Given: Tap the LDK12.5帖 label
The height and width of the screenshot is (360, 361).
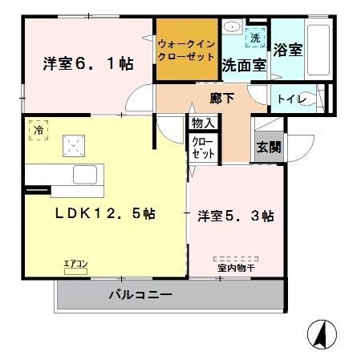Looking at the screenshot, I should click(x=105, y=214).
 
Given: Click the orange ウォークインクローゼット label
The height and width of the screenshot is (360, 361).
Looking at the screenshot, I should click(x=186, y=51).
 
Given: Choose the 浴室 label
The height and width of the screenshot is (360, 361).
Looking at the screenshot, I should click(x=288, y=50).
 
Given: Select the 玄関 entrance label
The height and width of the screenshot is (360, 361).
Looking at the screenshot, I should click(x=267, y=148).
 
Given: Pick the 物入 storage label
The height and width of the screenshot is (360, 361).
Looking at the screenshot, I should click(x=202, y=123).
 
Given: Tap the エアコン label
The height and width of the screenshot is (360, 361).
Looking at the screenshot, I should click(x=77, y=262).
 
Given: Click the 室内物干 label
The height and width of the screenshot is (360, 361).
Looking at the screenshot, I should click(x=236, y=268).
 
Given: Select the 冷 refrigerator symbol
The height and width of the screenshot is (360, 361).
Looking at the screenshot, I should click(x=37, y=127).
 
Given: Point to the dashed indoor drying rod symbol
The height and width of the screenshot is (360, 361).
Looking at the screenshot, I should click(x=236, y=258).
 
